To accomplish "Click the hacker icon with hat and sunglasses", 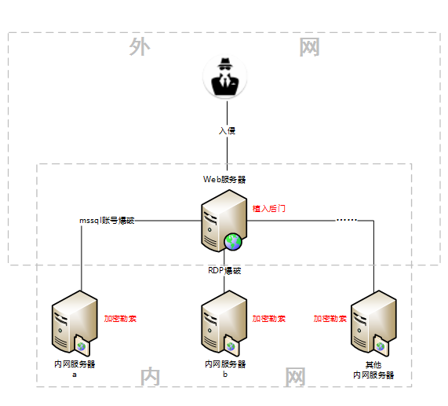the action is (x=225, y=77).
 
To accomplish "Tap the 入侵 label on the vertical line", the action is (x=228, y=131).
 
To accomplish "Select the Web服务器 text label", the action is (x=224, y=180).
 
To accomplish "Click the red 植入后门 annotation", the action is (x=269, y=209).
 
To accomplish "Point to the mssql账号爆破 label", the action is (x=107, y=221).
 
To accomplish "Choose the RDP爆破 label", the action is (x=224, y=270).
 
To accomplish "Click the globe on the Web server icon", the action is (x=233, y=242).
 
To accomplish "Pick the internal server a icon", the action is (x=75, y=324).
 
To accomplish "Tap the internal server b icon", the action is (x=224, y=324).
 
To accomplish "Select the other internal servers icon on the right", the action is (x=373, y=324).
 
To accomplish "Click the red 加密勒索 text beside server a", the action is (x=120, y=319).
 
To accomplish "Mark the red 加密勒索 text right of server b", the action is (x=269, y=319).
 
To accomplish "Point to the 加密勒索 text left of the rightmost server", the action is (x=330, y=319).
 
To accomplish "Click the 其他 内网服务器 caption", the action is (x=373, y=370).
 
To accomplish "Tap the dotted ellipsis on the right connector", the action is (x=347, y=220).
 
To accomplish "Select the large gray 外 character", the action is (x=140, y=47).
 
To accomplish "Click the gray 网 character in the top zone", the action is (x=309, y=47).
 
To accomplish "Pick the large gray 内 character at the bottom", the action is (x=150, y=377).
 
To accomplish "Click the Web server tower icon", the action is (x=224, y=221).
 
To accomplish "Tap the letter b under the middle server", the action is (x=225, y=375).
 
